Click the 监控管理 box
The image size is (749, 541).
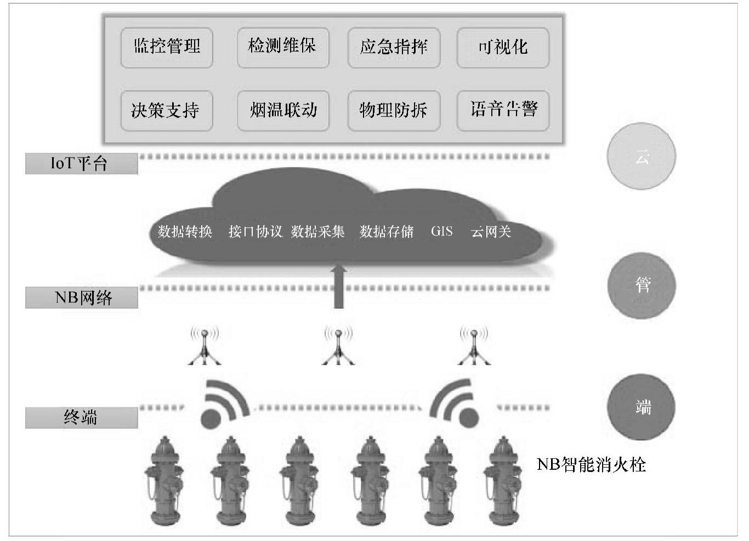click(167, 48)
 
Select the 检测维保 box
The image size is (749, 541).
click(282, 48)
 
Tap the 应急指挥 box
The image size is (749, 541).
click(394, 48)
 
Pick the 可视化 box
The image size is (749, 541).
click(503, 48)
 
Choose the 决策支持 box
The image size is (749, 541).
click(167, 111)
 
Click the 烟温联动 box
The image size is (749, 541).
click(282, 111)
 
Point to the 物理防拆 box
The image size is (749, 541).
click(394, 111)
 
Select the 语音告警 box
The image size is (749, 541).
click(503, 111)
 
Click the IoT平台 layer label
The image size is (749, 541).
click(81, 164)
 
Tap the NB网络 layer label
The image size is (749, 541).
click(81, 297)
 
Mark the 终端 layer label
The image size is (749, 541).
click(81, 418)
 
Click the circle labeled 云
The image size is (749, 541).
click(642, 157)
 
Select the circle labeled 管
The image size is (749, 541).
click(642, 285)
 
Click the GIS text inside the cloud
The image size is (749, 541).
click(442, 231)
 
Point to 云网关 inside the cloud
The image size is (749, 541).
click(491, 232)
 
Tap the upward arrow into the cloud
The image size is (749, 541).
click(339, 286)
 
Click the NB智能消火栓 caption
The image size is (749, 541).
click(591, 465)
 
